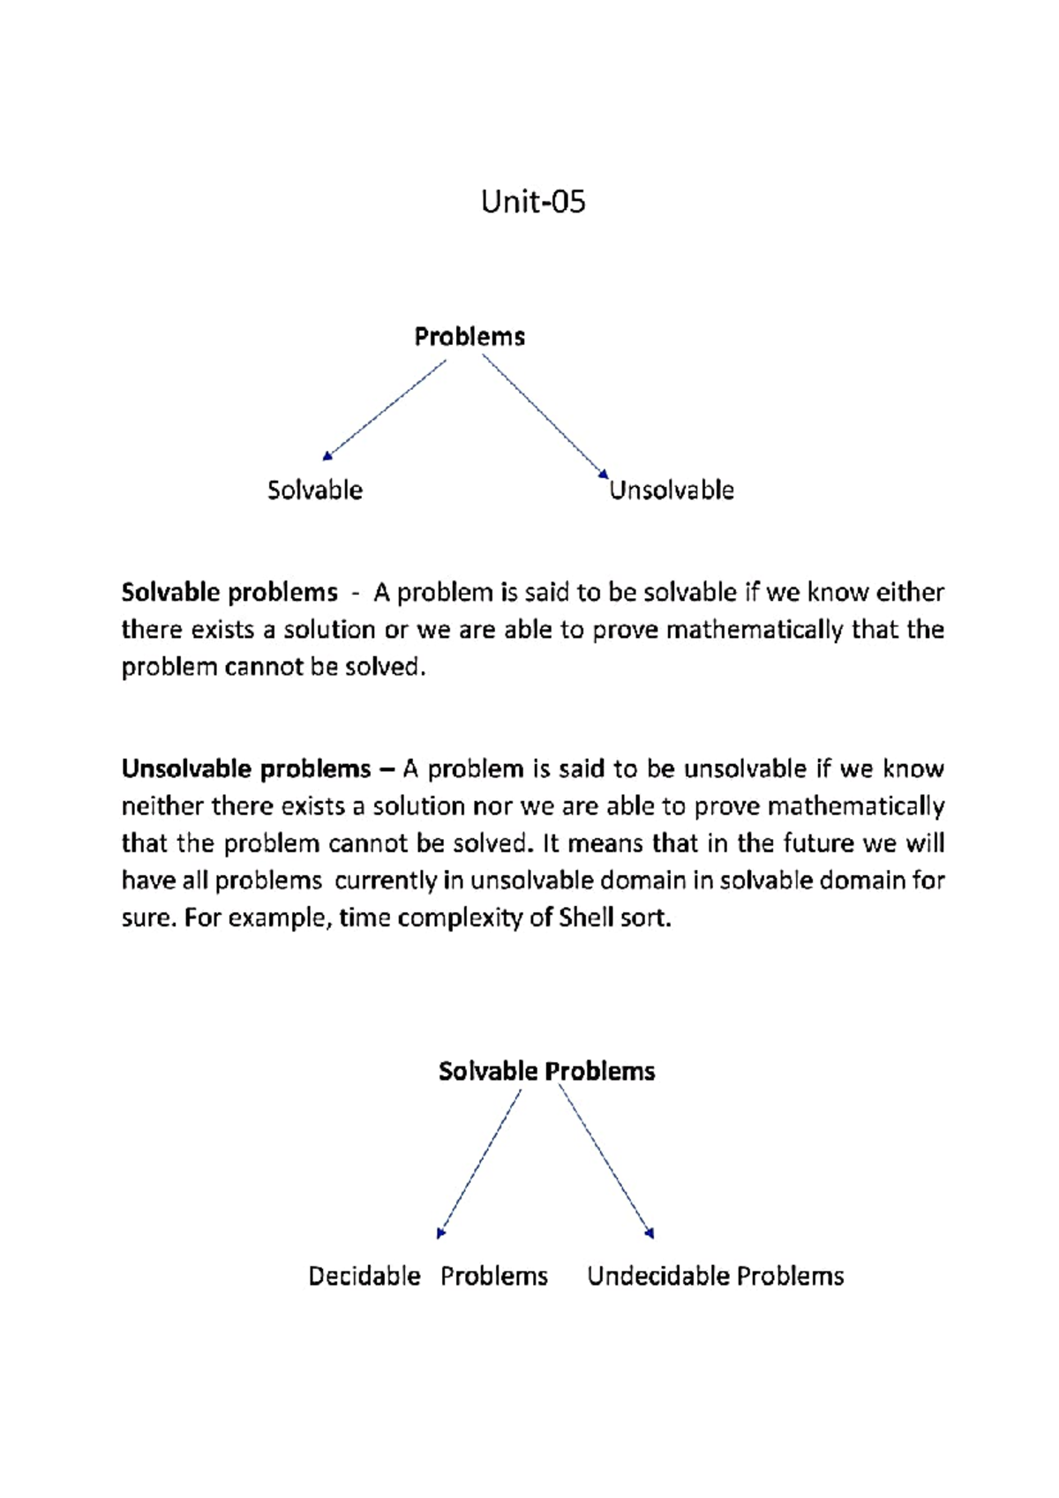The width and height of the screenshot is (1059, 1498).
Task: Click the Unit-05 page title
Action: pos(533,202)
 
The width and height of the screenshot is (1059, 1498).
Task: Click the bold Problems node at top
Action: pos(469,337)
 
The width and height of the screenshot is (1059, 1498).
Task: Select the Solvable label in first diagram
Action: pos(315,491)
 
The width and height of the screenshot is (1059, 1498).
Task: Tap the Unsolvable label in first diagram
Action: pos(672,491)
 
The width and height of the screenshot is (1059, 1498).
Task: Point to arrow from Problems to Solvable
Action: pos(385,409)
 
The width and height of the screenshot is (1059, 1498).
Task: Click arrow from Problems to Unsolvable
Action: pos(545,416)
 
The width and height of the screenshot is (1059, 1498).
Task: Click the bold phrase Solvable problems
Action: pos(229,592)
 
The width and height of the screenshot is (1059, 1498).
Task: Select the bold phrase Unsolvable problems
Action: pos(246,769)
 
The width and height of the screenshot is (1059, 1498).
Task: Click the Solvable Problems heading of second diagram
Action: pos(546,1071)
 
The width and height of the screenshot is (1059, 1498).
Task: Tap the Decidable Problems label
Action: pos(428,1277)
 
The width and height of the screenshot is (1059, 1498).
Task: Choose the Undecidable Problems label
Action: pos(715,1277)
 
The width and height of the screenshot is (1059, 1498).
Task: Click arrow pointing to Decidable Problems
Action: pos(480,1163)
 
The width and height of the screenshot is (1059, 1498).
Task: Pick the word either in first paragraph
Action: pos(910,592)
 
